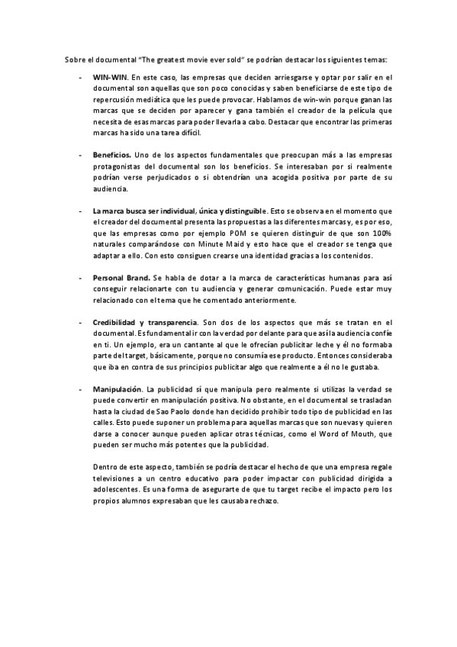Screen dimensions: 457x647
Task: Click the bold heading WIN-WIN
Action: click(110, 78)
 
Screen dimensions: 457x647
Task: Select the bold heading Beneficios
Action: click(113, 155)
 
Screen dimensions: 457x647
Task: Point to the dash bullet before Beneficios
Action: click(81, 155)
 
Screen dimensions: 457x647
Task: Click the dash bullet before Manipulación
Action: click(81, 390)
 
